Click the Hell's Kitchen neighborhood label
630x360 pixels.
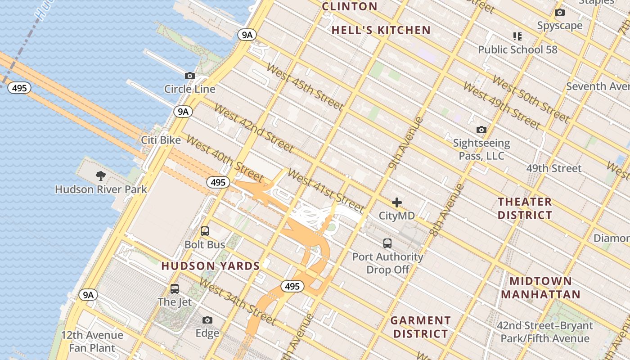[381, 30]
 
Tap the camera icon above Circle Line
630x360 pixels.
[190, 76]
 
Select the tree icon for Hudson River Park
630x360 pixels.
[101, 176]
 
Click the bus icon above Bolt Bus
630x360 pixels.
[205, 231]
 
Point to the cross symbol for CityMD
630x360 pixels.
[396, 202]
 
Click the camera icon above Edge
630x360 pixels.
[207, 320]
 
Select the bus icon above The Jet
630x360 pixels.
[175, 289]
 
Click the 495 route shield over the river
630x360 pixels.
[19, 88]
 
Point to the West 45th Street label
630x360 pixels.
[305, 87]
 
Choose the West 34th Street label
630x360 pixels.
[237, 301]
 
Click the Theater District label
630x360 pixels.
[525, 208]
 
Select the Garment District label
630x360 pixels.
[420, 327]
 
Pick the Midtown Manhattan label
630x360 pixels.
[540, 288]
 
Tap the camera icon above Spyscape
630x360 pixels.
[560, 13]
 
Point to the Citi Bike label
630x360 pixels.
[161, 140]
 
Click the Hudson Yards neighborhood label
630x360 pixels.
[211, 266]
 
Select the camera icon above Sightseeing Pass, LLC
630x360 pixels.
[481, 130]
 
